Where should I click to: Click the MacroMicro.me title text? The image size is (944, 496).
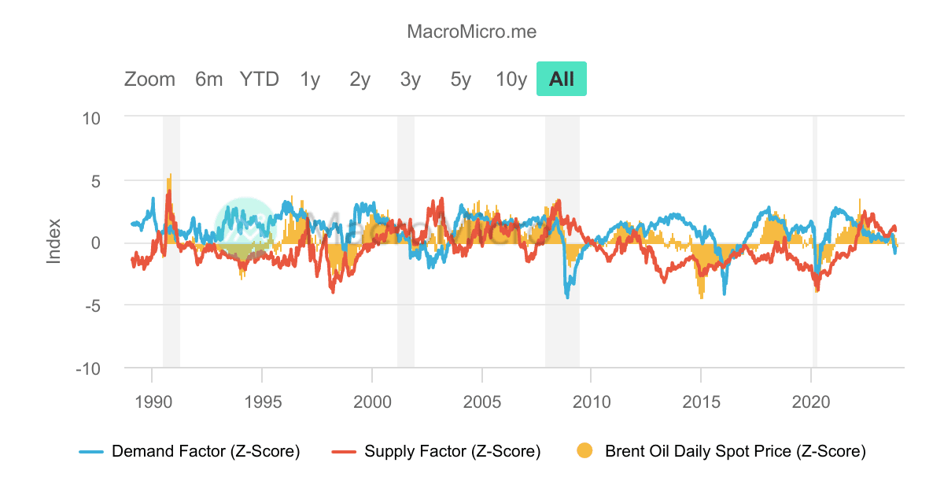471,31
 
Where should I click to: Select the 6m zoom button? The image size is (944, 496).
209,80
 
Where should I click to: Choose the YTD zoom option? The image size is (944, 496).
260,80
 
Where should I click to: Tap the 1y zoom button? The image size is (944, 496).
310,80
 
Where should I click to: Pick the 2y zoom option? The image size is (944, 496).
360,80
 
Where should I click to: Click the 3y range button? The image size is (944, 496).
411,80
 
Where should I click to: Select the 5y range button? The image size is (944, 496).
461,80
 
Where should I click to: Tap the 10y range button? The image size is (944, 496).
511,80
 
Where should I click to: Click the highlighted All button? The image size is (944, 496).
562,80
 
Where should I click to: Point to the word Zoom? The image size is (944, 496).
149,80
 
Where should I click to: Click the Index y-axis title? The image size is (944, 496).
53,242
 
